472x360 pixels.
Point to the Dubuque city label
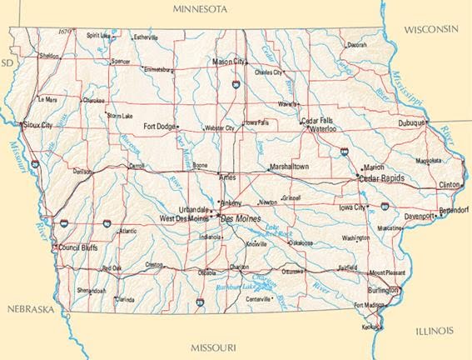(412, 123)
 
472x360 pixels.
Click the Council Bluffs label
(80, 247)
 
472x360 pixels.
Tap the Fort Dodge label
(160, 127)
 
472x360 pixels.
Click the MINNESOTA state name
(200, 8)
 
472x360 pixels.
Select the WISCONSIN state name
(431, 29)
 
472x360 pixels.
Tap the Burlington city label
(383, 291)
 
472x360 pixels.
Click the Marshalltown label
(289, 167)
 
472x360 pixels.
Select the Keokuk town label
(370, 327)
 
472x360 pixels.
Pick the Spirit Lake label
(99, 36)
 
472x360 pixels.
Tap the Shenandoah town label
(91, 291)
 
